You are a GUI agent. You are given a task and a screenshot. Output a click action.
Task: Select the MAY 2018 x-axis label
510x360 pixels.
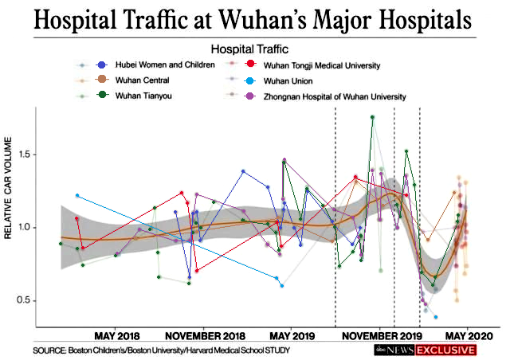click(117, 336)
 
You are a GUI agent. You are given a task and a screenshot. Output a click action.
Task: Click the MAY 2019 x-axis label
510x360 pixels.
click(292, 336)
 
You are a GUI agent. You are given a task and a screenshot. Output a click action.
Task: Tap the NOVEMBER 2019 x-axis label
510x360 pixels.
click(379, 336)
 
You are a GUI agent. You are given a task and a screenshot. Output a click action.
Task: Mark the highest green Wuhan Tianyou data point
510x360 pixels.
click(372, 117)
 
